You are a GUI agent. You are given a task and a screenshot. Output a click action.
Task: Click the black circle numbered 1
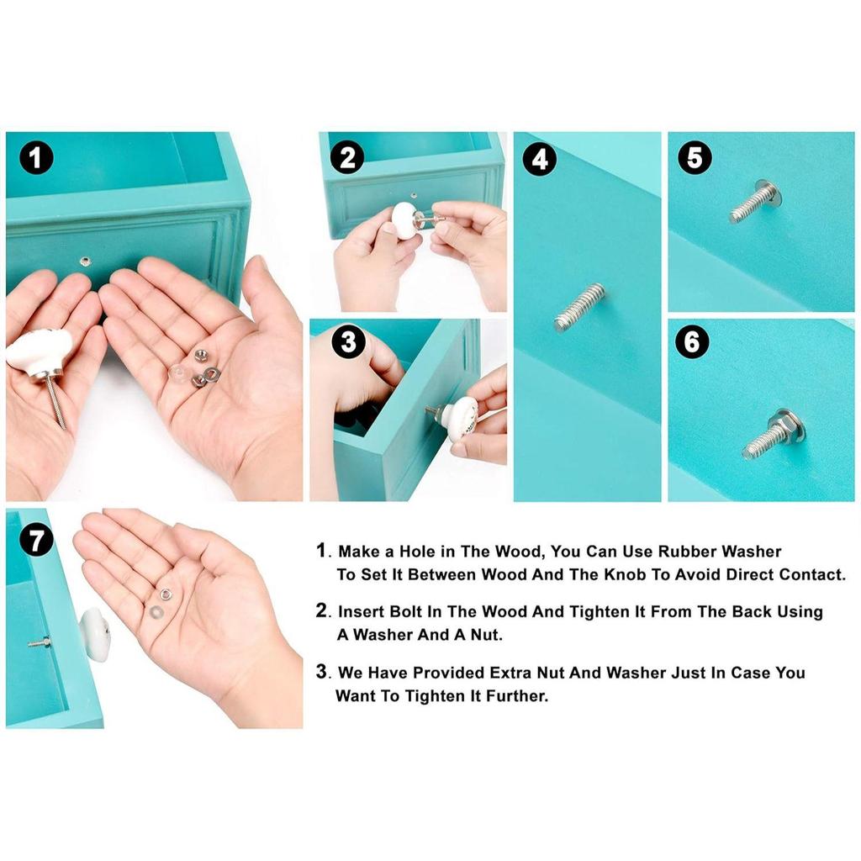point(36,157)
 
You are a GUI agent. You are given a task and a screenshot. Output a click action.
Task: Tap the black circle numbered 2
point(347,157)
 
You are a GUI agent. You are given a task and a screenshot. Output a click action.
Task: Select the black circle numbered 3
point(348,341)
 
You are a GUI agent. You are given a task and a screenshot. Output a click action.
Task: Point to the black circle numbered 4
point(540,159)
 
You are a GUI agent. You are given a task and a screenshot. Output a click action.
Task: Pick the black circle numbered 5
point(695,157)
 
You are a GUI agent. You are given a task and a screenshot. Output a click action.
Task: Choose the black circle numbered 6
point(692,341)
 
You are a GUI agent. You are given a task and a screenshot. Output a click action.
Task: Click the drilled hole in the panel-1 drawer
point(85,261)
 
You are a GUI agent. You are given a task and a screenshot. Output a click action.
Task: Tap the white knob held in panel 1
point(40,351)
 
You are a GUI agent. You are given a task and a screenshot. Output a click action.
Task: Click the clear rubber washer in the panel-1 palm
point(179,373)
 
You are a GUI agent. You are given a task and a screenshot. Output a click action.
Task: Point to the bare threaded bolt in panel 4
point(580,307)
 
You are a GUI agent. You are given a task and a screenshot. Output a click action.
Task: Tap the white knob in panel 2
point(405,221)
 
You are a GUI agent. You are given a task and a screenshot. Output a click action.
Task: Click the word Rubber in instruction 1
point(688,552)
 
